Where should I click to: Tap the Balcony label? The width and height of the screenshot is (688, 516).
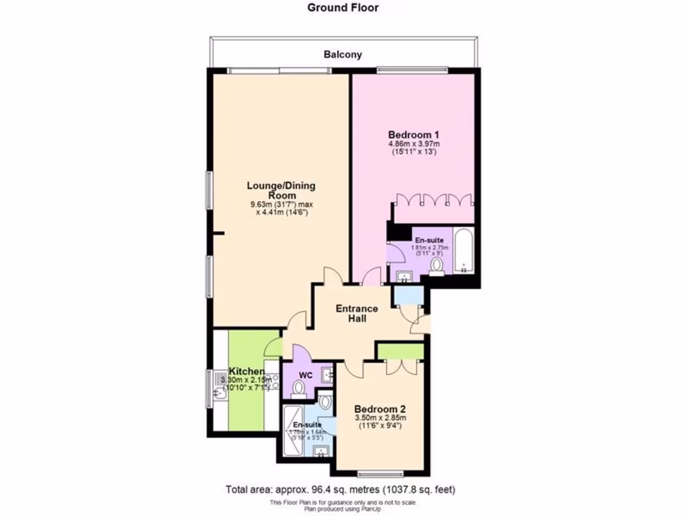pos(343,54)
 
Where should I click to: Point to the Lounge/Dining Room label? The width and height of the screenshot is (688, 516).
pos(281,190)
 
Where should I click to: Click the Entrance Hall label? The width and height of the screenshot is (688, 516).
pos(357,313)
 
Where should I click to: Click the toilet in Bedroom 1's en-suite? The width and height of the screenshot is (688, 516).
pos(437,266)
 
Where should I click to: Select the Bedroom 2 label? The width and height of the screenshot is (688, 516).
pos(380,409)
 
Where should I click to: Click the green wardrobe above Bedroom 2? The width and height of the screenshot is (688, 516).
pos(400,350)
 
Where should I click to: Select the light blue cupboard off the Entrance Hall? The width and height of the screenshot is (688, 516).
pos(406,294)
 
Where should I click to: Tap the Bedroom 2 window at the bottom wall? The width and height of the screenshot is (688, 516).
pos(380,471)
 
